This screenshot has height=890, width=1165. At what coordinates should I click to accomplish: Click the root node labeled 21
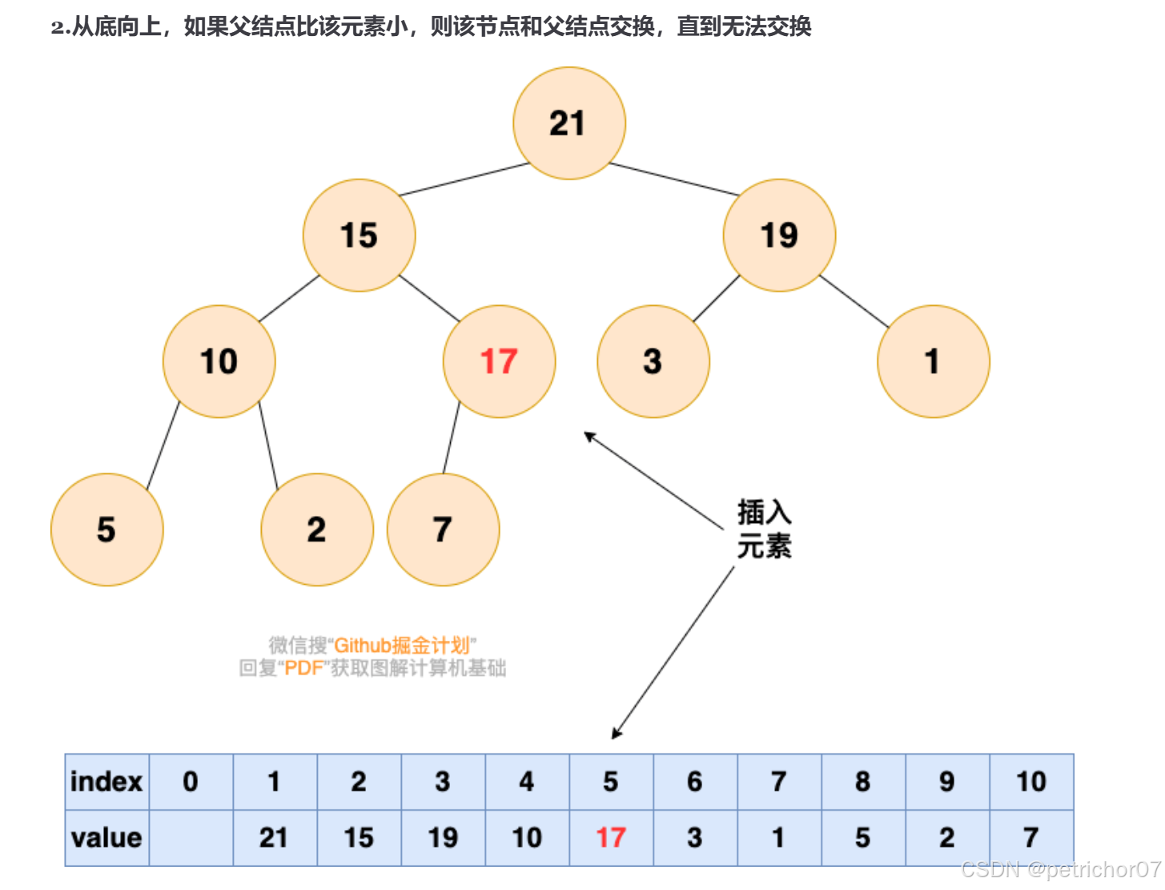pos(568,123)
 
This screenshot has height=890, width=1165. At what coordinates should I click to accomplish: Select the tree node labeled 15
pos(359,236)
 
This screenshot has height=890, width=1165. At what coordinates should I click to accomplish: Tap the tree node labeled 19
pos(779,236)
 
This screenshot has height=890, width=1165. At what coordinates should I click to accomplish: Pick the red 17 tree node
pos(499,361)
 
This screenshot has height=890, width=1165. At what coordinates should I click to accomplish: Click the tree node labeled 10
pos(219,361)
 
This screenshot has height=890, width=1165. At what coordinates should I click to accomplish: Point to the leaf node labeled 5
pos(106,530)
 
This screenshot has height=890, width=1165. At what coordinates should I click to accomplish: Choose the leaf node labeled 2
pos(317,530)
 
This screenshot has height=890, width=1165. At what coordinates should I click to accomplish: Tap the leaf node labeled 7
pos(443,530)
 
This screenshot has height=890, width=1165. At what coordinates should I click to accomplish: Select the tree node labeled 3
pos(653,361)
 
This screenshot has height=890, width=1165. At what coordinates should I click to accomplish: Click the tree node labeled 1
pos(933,361)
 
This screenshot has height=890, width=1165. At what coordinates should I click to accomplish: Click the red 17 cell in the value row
pos(611,838)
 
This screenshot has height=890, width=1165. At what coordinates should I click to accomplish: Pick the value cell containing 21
pos(275,838)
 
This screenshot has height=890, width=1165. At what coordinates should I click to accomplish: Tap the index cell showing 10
pos(1031,782)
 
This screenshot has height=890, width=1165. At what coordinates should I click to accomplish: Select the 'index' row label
pos(106,782)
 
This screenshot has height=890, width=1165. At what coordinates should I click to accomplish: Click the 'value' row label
pos(106,838)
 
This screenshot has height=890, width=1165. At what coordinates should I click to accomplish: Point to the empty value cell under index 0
pos(191,838)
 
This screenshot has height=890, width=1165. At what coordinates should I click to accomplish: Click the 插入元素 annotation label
pos(764,530)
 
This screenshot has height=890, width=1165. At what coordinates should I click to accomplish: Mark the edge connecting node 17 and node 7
pos(452,437)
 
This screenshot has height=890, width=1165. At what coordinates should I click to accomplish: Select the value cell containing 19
pos(443,838)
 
